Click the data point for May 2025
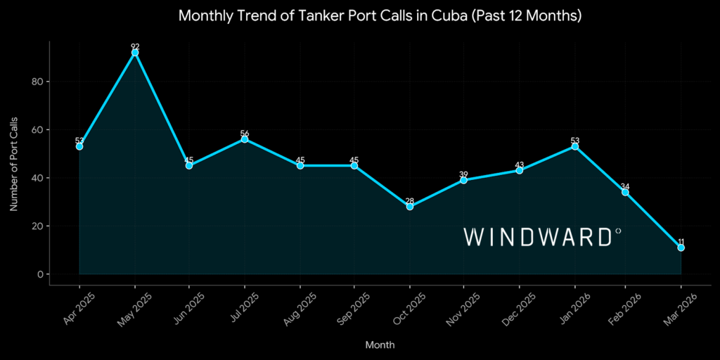coord(135,53)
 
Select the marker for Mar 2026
coord(681,247)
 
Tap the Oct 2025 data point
coord(409,207)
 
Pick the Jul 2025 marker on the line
coord(244,139)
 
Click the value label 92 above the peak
coord(135,46)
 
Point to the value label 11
coord(681,241)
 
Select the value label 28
coord(409,200)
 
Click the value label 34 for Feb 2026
coord(625,186)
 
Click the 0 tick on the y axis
coord(41,274)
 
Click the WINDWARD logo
coord(541,237)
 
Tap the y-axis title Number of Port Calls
coord(13,163)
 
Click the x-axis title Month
coord(380,345)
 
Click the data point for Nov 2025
coord(464,180)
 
